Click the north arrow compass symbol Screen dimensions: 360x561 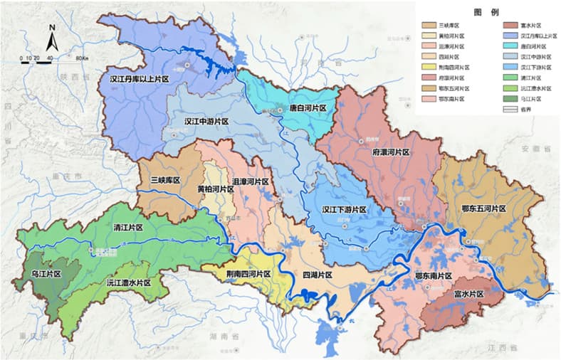pyautogui.click(x=52, y=38)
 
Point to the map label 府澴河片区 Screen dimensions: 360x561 pyautogui.click(x=391, y=152)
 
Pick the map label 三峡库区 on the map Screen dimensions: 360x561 pyautogui.click(x=163, y=181)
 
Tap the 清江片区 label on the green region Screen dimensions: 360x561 pyautogui.click(x=128, y=228)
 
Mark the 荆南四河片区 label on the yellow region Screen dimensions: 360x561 pyautogui.click(x=243, y=273)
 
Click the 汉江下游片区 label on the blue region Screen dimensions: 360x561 pyautogui.click(x=343, y=210)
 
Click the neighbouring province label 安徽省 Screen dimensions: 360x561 pyautogui.click(x=535, y=149)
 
